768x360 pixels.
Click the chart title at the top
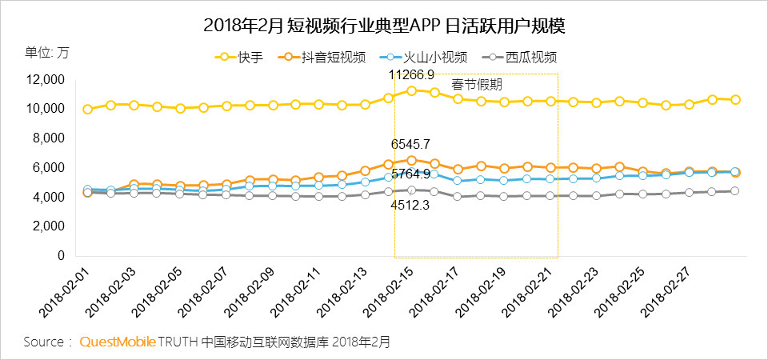pos(384,26)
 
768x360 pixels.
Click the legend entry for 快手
pos(240,57)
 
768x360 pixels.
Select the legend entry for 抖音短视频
pos(328,57)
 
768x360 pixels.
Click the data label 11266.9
pos(411,74)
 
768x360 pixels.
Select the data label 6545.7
pos(411,145)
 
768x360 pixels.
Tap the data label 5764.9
pos(411,174)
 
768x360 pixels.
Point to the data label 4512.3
pos(411,205)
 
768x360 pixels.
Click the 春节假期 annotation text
pos(478,84)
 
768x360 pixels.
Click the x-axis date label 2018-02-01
pos(59,295)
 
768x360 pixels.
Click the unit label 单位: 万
pos(47,53)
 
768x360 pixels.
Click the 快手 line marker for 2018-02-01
pos(87,109)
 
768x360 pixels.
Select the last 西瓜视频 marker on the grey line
pos(734,190)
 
